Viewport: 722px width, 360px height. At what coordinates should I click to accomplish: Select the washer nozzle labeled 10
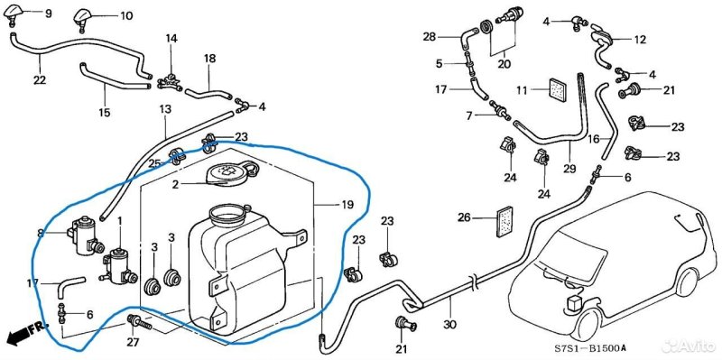(x=85, y=17)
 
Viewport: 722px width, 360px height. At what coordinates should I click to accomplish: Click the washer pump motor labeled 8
(x=86, y=235)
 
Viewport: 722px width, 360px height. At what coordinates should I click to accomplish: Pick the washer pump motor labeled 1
(x=118, y=265)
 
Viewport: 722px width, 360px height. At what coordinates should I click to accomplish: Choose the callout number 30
(x=450, y=324)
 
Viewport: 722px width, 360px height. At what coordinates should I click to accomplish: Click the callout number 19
(x=347, y=205)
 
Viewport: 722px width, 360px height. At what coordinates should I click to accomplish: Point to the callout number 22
(x=40, y=79)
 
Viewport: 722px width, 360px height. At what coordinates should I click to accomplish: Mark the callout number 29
(x=569, y=169)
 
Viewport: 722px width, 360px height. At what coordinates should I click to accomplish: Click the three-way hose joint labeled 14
(x=169, y=81)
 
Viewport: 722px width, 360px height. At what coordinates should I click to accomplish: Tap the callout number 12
(x=640, y=40)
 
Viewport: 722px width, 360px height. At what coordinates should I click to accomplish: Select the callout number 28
(x=430, y=37)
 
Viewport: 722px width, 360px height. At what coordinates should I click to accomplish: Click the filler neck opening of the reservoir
(x=227, y=213)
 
